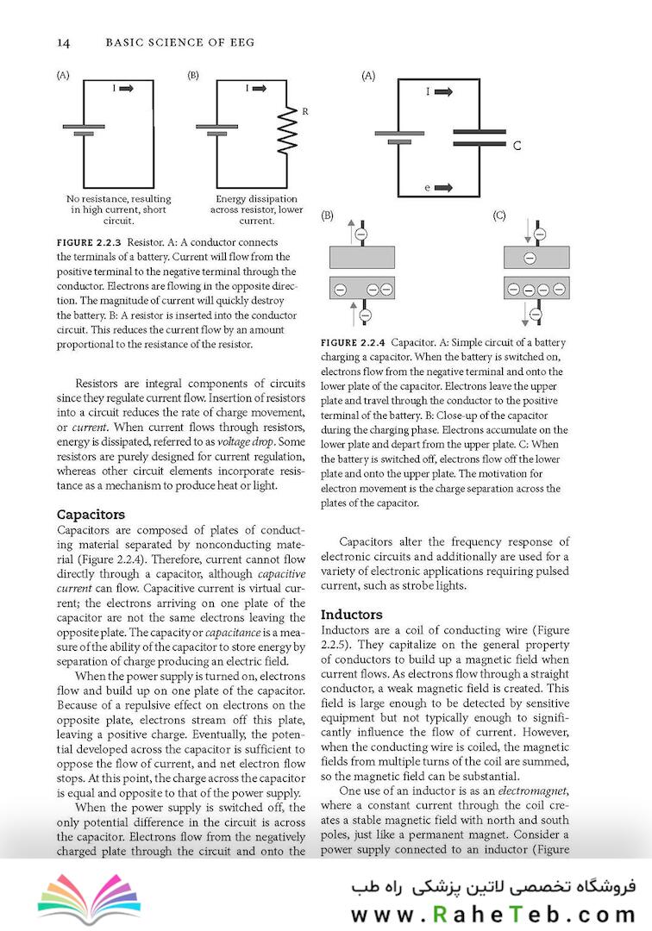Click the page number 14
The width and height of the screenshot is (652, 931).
(62, 42)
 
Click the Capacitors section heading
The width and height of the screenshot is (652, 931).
(91, 515)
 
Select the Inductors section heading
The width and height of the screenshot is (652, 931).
(351, 615)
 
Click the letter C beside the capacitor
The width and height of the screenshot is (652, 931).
(517, 146)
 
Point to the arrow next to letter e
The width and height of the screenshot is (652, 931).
(444, 187)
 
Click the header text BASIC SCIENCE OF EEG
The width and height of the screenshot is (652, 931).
(163, 42)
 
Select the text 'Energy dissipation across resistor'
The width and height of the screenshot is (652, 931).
(256, 204)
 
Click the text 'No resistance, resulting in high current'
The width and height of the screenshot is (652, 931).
(119, 204)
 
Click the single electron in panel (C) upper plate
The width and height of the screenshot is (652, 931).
(530, 258)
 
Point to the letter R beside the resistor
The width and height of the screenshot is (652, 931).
(304, 111)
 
